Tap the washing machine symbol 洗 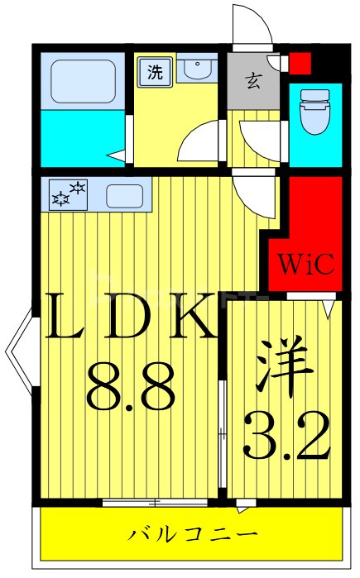click(155, 71)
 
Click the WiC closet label click(305, 265)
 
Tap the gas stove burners click(69, 195)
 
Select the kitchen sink click(125, 196)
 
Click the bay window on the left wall click(20, 351)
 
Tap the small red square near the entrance click(300, 62)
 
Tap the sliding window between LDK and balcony click(157, 502)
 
